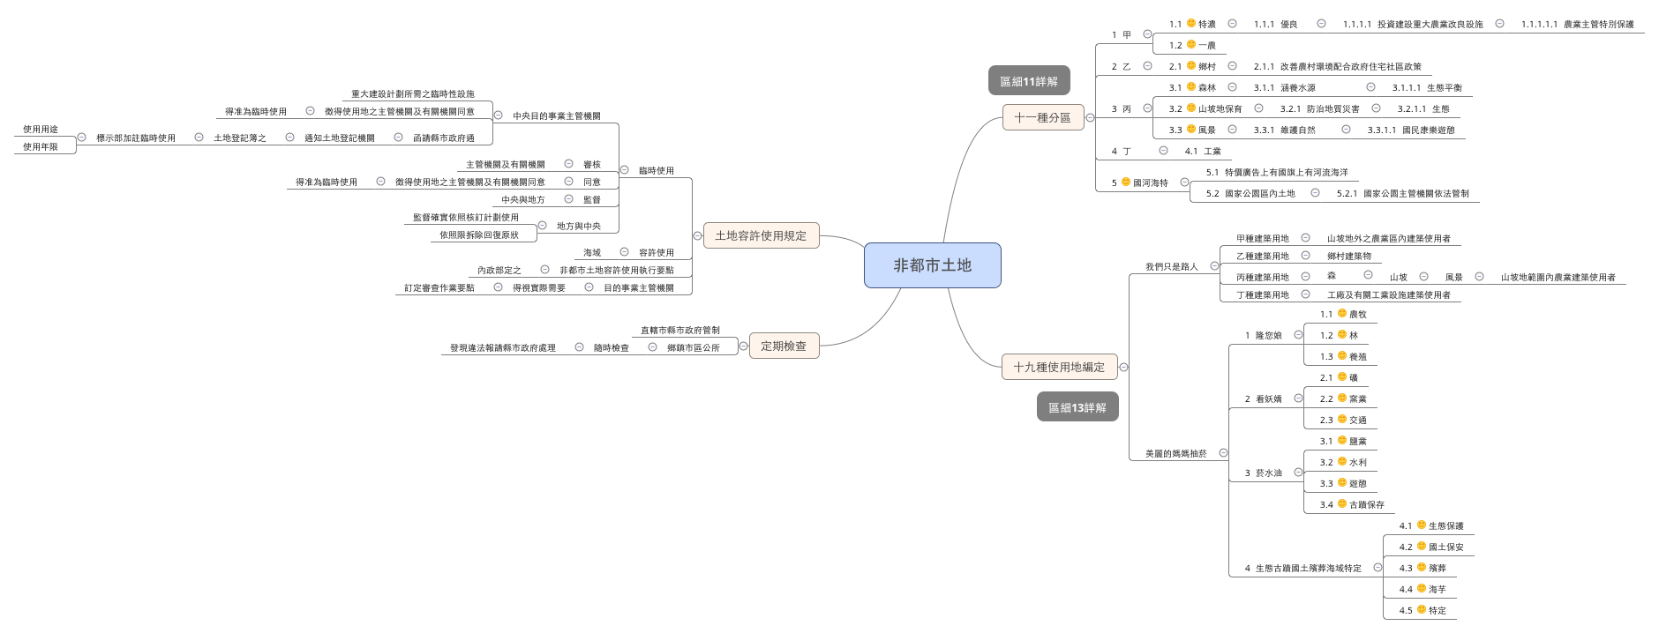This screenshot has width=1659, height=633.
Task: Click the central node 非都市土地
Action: click(932, 265)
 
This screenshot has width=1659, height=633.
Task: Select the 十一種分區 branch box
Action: click(1042, 117)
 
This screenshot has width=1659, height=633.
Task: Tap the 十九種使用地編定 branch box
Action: click(1059, 367)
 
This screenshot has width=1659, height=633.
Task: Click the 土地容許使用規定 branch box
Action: click(761, 235)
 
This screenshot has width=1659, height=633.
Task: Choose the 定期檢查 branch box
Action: click(784, 346)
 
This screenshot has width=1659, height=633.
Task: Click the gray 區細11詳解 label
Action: click(1028, 81)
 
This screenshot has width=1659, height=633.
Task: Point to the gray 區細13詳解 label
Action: click(1077, 407)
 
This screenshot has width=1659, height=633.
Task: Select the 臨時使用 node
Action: click(656, 170)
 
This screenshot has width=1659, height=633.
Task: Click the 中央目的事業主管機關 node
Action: click(556, 115)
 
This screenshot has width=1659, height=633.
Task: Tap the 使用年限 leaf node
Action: click(41, 147)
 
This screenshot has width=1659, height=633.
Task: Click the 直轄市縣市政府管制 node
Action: click(679, 330)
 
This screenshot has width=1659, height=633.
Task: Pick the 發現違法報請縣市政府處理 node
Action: click(502, 347)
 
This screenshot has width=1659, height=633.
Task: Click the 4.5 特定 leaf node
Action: click(1429, 610)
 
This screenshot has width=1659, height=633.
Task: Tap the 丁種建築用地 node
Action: click(1262, 294)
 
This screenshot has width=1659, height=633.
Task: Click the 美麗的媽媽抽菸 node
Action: click(1175, 453)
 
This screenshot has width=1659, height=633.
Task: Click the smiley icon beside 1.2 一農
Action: click(1191, 44)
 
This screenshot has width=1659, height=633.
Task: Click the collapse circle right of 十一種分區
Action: click(1090, 117)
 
